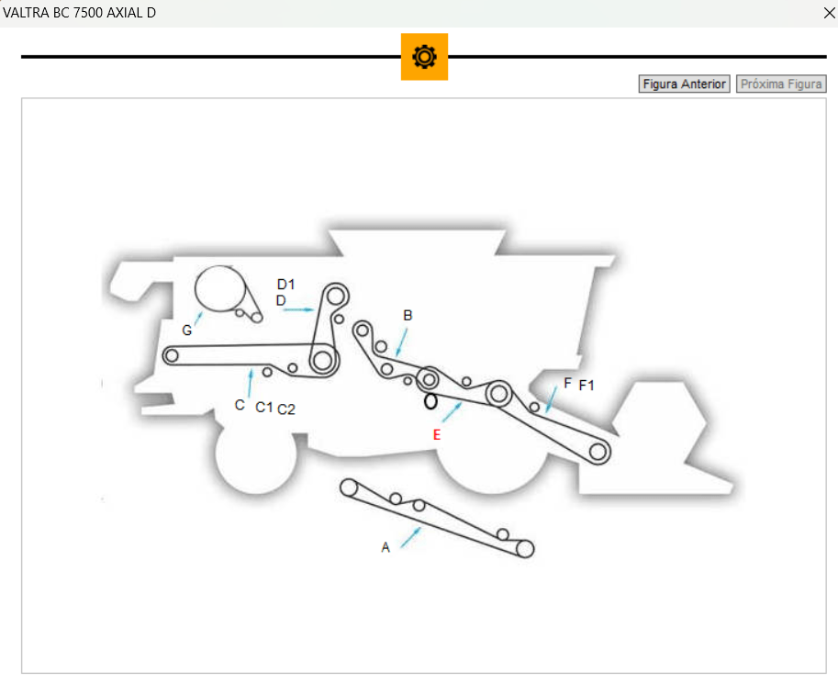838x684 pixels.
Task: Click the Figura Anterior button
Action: [684, 84]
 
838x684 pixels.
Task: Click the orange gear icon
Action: [424, 57]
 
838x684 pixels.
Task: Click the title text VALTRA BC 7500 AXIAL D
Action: [80, 13]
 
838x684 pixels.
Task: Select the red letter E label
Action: [437, 435]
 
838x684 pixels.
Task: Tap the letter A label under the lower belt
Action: [385, 547]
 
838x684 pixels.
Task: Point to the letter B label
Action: [408, 315]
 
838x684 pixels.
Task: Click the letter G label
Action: [187, 330]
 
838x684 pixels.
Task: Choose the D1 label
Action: [286, 284]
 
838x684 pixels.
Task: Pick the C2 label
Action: [286, 409]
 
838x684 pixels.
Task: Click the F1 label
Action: [587, 386]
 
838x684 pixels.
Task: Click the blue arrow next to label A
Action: [410, 537]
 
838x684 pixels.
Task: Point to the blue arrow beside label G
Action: [198, 318]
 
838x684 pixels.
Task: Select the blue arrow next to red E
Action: [452, 412]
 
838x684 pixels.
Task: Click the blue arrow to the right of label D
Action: [299, 310]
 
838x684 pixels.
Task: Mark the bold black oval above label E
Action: [430, 401]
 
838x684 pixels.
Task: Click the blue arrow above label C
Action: [250, 382]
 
